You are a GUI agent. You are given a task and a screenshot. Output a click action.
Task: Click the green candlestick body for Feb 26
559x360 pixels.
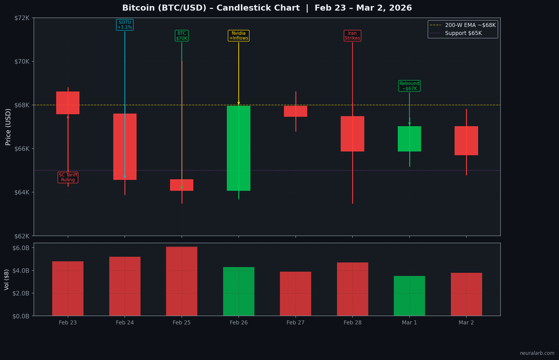pyautogui.click(x=239, y=148)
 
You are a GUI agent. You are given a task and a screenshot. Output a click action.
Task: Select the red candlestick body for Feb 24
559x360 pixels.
pyautogui.click(x=125, y=146)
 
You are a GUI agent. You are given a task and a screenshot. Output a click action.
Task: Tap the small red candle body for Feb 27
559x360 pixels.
pyautogui.click(x=296, y=111)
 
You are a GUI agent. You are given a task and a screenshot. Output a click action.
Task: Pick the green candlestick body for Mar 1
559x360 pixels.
pyautogui.click(x=409, y=139)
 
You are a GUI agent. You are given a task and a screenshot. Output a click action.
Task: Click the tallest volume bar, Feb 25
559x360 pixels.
pyautogui.click(x=181, y=281)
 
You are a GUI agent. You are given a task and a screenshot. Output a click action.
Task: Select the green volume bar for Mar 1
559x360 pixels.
pyautogui.click(x=409, y=296)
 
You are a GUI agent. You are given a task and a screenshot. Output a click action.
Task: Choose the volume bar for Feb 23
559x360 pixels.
pyautogui.click(x=68, y=288)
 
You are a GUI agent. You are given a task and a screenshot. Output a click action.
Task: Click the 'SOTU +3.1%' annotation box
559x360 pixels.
pyautogui.click(x=125, y=25)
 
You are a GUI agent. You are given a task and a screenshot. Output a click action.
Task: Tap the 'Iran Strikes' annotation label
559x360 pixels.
pyautogui.click(x=352, y=36)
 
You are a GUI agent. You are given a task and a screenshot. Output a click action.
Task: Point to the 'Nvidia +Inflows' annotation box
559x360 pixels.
pyautogui.click(x=239, y=36)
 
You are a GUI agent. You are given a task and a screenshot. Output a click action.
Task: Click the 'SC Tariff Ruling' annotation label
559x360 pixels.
pyautogui.click(x=68, y=177)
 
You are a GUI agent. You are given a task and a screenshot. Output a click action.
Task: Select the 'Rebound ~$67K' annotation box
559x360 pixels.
pyautogui.click(x=409, y=86)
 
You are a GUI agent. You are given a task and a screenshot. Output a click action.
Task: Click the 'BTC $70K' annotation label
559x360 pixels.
pyautogui.click(x=181, y=36)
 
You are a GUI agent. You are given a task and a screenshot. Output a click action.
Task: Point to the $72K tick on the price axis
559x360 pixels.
pyautogui.click(x=21, y=18)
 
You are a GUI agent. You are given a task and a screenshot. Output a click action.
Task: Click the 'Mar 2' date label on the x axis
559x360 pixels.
pyautogui.click(x=466, y=323)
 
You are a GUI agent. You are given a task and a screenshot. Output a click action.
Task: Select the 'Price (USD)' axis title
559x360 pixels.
pyautogui.click(x=8, y=127)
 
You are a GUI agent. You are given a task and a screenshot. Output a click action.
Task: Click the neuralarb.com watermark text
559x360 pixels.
pyautogui.click(x=537, y=353)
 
